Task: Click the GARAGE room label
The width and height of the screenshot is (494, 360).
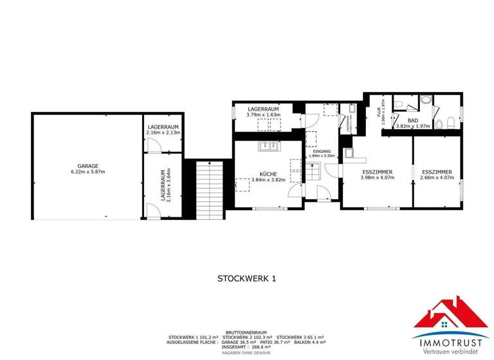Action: (x=88, y=166)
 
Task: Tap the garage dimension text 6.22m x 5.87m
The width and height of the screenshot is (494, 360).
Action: (x=88, y=172)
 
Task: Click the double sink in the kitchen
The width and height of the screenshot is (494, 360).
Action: (x=268, y=146)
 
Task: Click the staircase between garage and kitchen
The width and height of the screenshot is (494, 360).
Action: (x=208, y=189)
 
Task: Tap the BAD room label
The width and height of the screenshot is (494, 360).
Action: (x=413, y=120)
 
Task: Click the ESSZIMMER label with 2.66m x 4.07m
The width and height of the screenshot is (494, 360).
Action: (x=437, y=172)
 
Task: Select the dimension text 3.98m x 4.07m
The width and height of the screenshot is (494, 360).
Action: (x=376, y=178)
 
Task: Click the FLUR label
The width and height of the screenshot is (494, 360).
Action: (x=380, y=111)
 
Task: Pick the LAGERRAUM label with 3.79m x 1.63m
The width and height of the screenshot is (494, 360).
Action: (x=263, y=110)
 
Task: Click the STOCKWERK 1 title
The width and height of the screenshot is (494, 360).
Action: (x=246, y=278)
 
